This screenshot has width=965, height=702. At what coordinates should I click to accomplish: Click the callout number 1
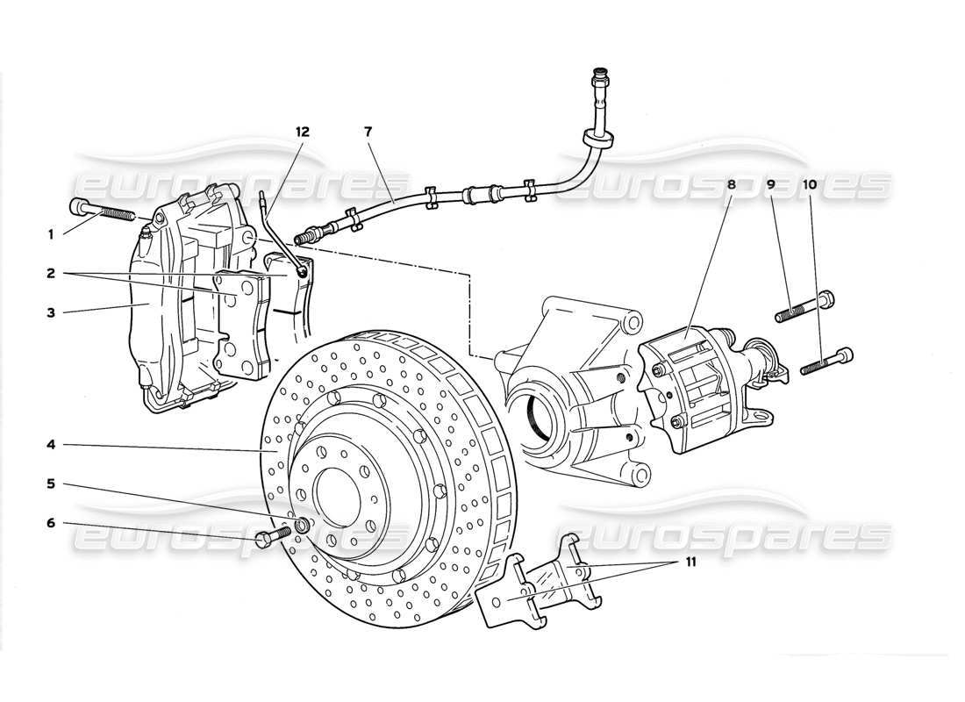(51, 234)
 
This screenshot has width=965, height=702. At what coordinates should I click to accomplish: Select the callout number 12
(303, 132)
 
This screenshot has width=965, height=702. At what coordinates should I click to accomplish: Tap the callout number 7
(368, 132)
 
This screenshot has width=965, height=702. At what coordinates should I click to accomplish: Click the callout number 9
(771, 185)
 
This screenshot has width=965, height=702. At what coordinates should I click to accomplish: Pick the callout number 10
(808, 185)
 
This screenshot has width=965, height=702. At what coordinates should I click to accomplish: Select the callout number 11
(690, 562)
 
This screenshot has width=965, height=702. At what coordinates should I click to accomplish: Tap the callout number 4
(51, 445)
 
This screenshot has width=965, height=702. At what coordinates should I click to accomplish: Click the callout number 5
(51, 484)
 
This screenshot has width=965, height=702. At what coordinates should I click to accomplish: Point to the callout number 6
(51, 523)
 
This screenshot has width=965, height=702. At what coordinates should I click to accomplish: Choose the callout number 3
(51, 312)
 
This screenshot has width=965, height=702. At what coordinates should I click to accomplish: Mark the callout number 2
(51, 273)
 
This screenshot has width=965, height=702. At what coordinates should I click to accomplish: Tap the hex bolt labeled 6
(273, 535)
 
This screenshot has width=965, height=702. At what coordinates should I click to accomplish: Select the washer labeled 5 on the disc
(301, 526)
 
